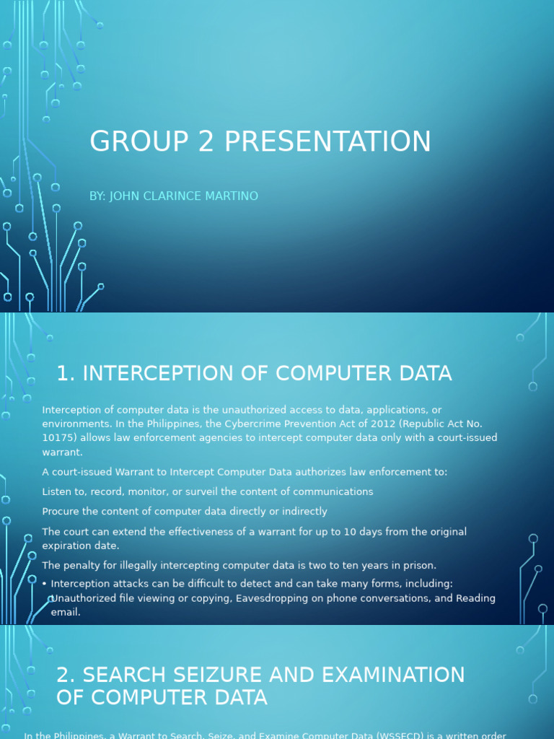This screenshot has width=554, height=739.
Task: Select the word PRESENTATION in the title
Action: (x=327, y=141)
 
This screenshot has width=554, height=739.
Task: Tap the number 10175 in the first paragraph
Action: (x=57, y=437)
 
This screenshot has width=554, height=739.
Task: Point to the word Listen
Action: (x=58, y=491)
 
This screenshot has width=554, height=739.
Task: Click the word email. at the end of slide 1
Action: (x=66, y=612)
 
